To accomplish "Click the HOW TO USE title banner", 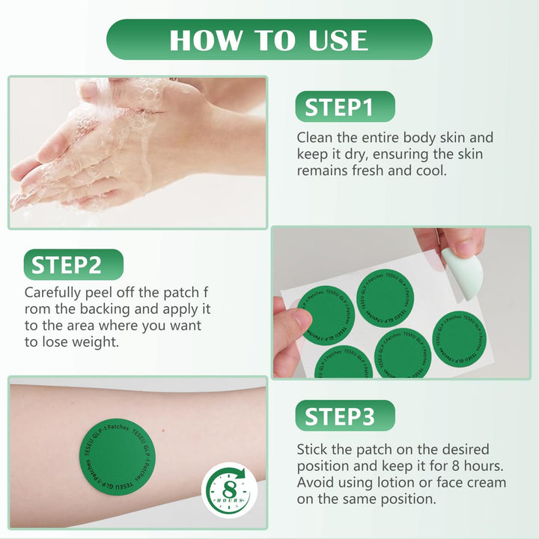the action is pos(269,40).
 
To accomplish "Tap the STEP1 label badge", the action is pos(345,106).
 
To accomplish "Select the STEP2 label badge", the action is pos(73,264).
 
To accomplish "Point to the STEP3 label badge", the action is pos(345,415).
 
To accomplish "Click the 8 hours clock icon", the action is pos(229,490).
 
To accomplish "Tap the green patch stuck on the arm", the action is pos(118,457).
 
